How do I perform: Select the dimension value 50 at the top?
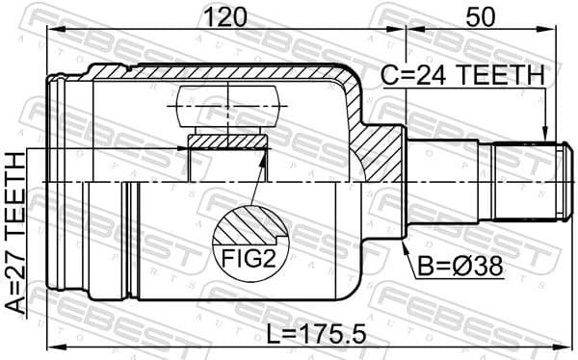coord(480,15)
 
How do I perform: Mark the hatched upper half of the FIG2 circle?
coord(249,227)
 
